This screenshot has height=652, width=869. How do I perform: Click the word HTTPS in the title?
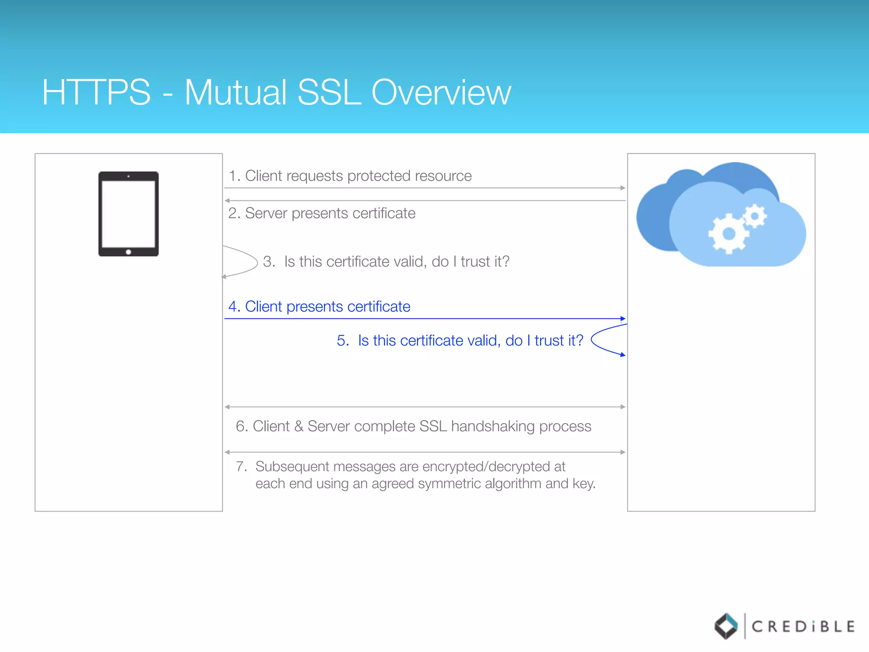[96, 92]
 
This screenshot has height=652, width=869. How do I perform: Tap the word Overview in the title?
[441, 92]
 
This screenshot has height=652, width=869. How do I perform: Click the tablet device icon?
[129, 214]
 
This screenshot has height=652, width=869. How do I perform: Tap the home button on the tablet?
[129, 252]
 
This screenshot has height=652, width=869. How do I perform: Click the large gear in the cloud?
[728, 233]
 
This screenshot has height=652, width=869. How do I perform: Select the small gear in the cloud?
[755, 216]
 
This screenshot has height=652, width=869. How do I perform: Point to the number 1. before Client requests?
[234, 176]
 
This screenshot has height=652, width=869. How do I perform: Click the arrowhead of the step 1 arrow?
[623, 188]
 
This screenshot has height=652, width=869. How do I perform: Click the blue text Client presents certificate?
[328, 306]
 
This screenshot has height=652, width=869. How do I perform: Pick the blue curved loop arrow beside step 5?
[605, 340]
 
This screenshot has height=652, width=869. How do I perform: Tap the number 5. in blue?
[343, 340]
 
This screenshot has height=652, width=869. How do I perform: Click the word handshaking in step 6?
[493, 426]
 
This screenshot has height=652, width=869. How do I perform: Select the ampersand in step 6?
[299, 426]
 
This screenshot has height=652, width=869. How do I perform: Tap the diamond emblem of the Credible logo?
[726, 626]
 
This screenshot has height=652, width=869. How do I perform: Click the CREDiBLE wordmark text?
[803, 627]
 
